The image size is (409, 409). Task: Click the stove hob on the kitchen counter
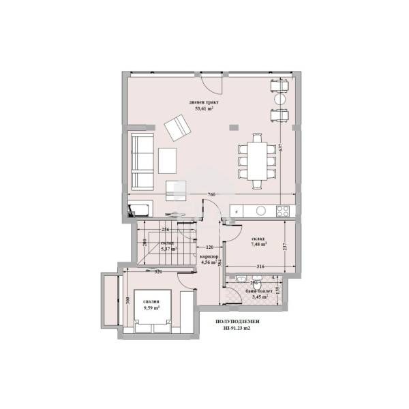(x=284, y=210)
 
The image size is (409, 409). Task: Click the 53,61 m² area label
(x=204, y=107)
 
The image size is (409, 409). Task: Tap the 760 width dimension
(x=211, y=195)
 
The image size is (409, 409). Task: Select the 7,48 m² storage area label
(x=258, y=243)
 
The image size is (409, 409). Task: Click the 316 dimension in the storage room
(x=260, y=267)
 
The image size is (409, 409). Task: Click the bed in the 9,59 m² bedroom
(x=152, y=314)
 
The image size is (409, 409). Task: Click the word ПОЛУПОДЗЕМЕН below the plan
(x=237, y=320)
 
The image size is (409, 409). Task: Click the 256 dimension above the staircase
(x=165, y=230)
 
